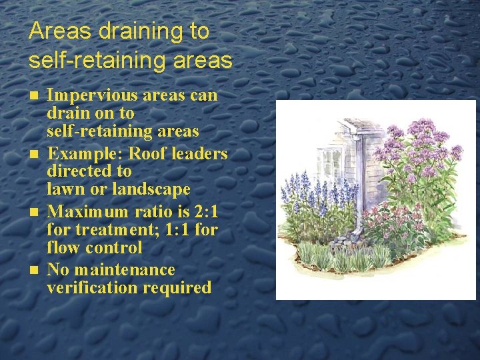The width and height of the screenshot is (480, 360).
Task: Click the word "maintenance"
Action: (x=125, y=270)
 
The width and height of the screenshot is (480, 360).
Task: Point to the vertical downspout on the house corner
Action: (x=359, y=180)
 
